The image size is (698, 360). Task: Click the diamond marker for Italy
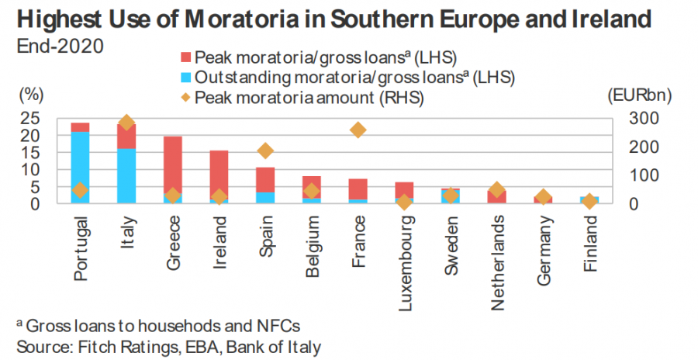[x=127, y=123]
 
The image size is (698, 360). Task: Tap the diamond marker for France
[x=358, y=130]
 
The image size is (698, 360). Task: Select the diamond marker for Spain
[x=265, y=151]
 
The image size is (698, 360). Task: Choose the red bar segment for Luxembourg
[x=404, y=189]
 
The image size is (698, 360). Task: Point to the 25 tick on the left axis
[x=29, y=118]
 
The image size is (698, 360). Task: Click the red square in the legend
[x=185, y=57]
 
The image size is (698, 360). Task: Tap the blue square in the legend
[x=185, y=78]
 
